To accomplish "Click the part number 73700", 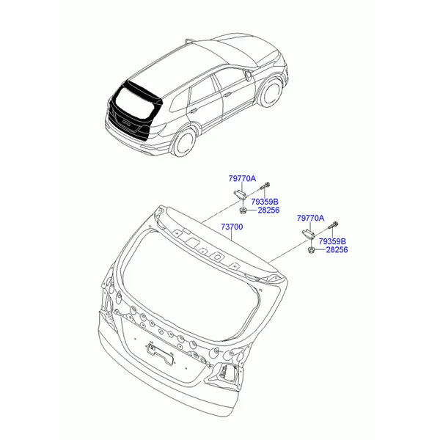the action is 232,227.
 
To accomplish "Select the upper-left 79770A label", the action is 242,178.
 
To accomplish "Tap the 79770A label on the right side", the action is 310,218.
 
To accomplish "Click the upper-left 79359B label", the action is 265,202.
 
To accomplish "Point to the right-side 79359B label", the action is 332,241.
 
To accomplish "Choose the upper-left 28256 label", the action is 268,210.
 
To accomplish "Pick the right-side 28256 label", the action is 337,249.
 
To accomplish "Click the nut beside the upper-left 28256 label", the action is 243,210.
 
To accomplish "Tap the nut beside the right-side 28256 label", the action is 311,250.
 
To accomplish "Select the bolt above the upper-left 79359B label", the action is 265,186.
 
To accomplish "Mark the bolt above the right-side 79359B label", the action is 333,225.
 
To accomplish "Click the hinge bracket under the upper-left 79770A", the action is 240,194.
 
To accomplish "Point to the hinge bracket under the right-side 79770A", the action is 308,233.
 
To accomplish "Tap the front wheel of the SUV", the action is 271,92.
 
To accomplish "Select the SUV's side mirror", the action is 248,76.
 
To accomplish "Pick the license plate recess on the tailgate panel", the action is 159,353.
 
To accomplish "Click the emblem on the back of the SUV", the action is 126,122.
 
